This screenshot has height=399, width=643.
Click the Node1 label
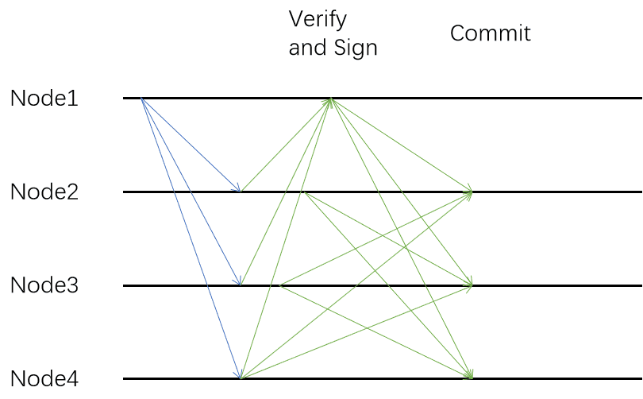(44, 99)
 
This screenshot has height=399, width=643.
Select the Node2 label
(44, 192)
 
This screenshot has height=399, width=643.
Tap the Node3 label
(44, 285)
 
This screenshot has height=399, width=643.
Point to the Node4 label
(44, 378)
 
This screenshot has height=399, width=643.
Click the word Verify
(318, 19)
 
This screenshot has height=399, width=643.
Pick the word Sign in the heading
(356, 48)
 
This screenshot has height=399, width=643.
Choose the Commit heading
(491, 33)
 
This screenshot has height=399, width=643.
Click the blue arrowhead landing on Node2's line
(237, 188)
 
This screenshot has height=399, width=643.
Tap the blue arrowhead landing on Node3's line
(238, 281)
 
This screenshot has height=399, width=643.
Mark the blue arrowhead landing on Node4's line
(238, 374)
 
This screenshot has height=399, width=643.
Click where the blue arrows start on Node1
(141, 98)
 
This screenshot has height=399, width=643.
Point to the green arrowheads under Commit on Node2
(468, 192)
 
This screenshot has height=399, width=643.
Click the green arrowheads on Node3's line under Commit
(468, 284)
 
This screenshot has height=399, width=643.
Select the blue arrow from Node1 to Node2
(191, 145)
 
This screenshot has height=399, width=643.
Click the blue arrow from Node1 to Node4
(191, 238)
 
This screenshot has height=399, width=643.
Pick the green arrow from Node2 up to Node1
(287, 145)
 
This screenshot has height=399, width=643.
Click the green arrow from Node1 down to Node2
(402, 145)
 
